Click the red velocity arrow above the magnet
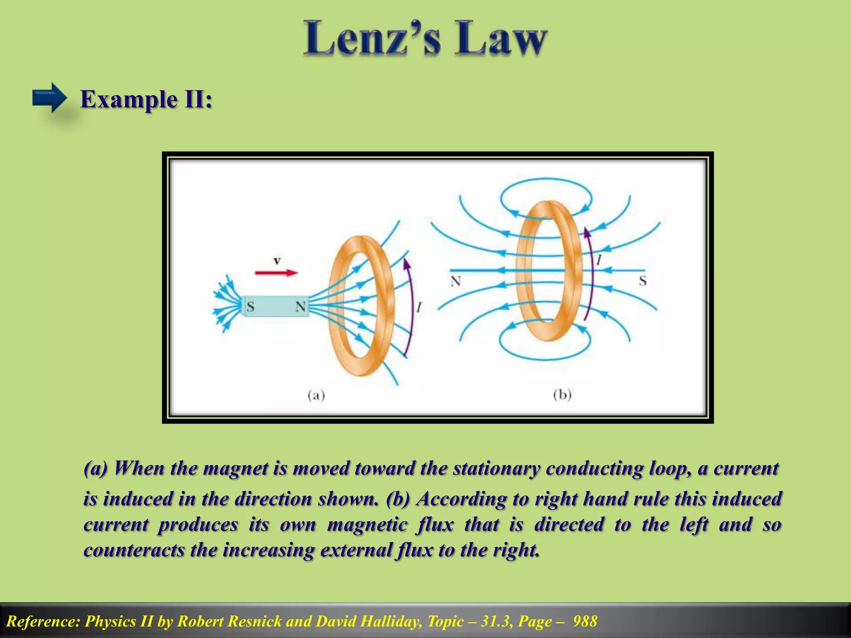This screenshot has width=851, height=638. tap(276, 273)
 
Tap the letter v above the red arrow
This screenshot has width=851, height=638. tap(277, 261)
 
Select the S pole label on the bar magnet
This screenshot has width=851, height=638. tap(250, 307)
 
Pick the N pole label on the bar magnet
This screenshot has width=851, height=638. tap(300, 307)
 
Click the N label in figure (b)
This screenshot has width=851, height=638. tap(456, 282)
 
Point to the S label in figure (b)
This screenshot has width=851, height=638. tap(642, 281)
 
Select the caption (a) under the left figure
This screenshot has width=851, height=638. tap(316, 395)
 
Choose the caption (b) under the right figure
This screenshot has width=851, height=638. tap(562, 394)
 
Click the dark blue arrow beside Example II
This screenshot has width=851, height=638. tap(49, 98)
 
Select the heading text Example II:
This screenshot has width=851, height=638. tap(146, 100)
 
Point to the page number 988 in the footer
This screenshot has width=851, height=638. tap(585, 621)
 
